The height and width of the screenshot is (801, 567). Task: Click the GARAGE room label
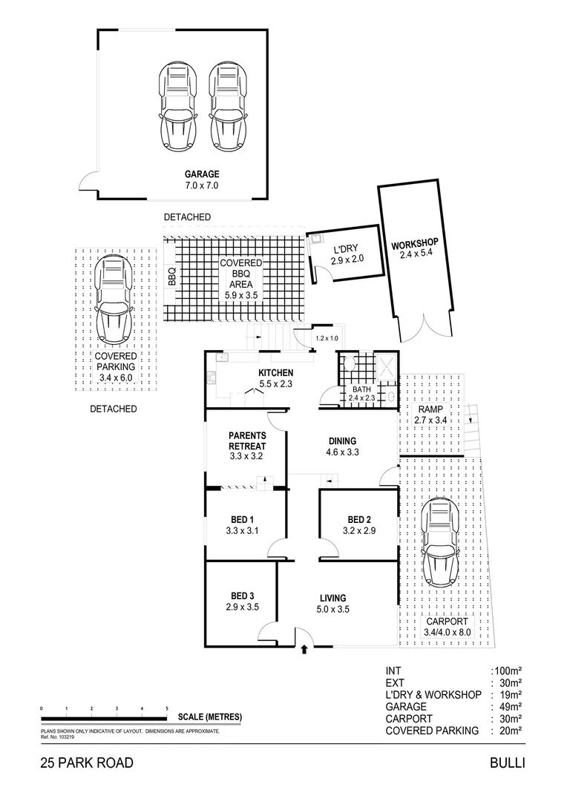click(202, 174)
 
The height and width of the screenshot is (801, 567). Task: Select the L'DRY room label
click(345, 249)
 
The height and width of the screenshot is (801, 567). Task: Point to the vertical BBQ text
click(171, 276)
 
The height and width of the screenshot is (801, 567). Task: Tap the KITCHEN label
click(276, 372)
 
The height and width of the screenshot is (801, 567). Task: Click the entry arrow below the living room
click(305, 650)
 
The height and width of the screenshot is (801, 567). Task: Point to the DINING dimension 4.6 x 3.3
click(341, 452)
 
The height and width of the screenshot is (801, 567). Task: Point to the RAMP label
click(430, 409)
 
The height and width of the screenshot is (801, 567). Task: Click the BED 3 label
click(242, 596)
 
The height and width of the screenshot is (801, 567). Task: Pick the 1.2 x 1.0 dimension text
click(326, 338)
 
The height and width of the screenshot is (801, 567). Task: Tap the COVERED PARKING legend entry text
click(432, 731)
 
